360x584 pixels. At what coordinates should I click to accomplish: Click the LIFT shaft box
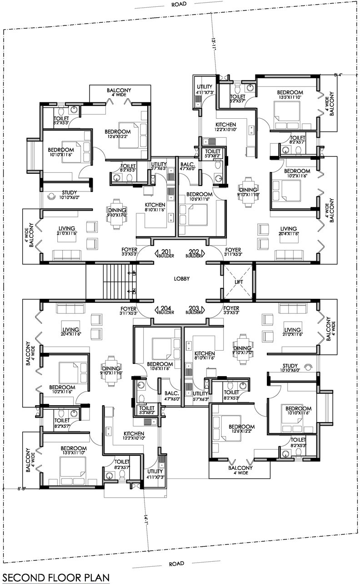[x=239, y=282]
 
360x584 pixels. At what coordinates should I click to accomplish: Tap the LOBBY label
[x=181, y=279]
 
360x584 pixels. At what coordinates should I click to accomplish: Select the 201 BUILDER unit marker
[x=165, y=253]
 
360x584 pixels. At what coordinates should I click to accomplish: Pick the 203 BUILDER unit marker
[x=194, y=311]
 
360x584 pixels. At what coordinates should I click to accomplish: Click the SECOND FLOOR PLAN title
[x=55, y=577]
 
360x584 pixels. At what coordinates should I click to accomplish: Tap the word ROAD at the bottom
[x=176, y=564]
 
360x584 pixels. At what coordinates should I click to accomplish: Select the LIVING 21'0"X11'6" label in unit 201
[x=66, y=231]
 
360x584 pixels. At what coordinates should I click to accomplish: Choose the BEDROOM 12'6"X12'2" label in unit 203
[x=241, y=429]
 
